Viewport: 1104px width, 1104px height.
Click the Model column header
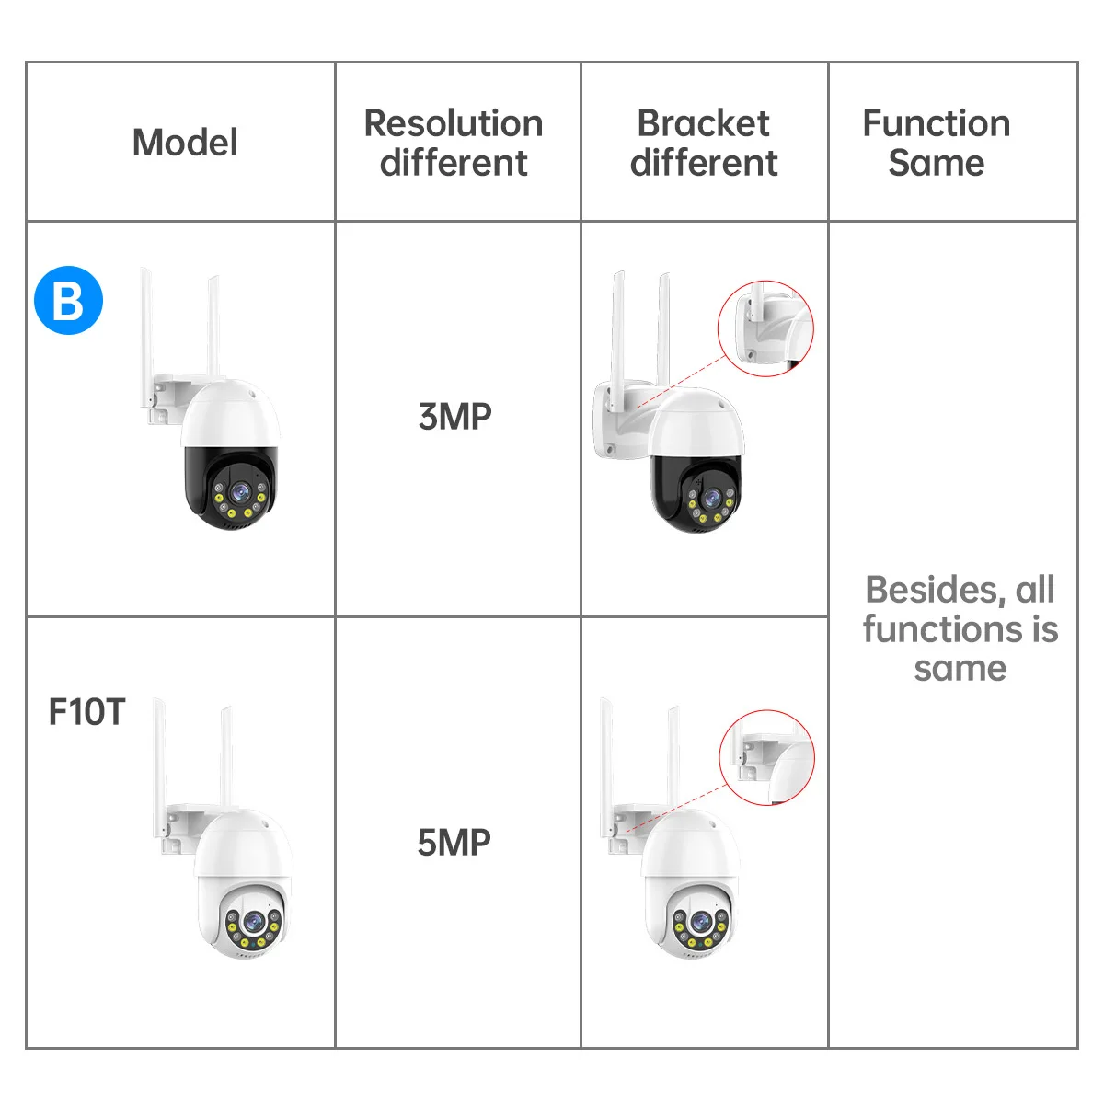[x=185, y=143]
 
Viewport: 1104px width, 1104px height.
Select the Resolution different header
[x=454, y=143]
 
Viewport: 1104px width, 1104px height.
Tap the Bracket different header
[x=704, y=143]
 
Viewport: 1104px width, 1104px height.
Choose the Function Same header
[x=937, y=143]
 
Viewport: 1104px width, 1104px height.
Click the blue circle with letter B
[x=68, y=300]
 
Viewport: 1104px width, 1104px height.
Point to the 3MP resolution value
[x=454, y=417]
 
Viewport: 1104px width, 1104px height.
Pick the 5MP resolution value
[x=454, y=842]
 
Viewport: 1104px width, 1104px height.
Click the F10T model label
[x=86, y=711]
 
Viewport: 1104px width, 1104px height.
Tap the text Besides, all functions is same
[x=960, y=629]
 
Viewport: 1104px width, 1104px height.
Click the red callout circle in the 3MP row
[x=765, y=328]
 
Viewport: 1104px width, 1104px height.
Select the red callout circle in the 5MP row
[x=767, y=757]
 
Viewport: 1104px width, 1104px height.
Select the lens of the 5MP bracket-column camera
[x=700, y=921]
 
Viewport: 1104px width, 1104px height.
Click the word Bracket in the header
[x=704, y=123]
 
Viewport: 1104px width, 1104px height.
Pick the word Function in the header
[x=937, y=123]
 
